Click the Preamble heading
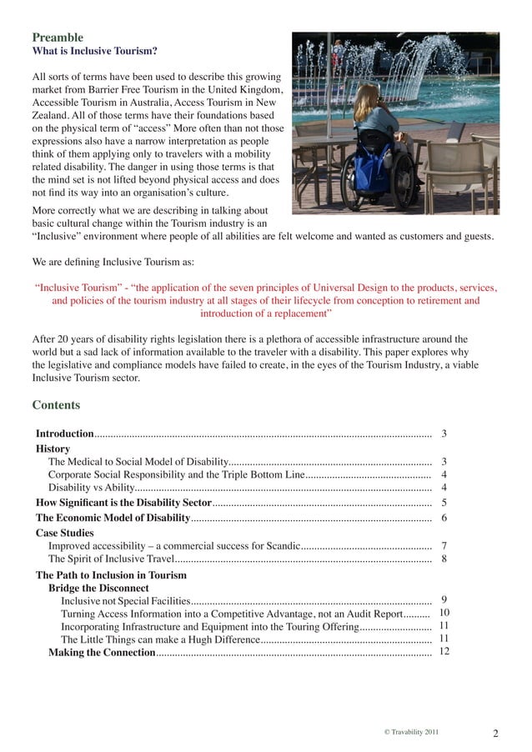pos(58,38)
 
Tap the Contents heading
pos(56,405)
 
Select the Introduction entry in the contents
pos(64,434)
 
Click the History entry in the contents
pos(53,449)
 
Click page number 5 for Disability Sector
pos(444,503)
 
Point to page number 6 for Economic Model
pos(444,518)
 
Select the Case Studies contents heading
pos(64,533)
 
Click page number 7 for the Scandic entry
pos(444,545)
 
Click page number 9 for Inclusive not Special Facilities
pos(444,599)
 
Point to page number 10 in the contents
pos(444,613)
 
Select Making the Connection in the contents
pos(101,652)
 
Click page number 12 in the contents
pos(444,651)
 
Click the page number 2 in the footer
pos(495,734)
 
